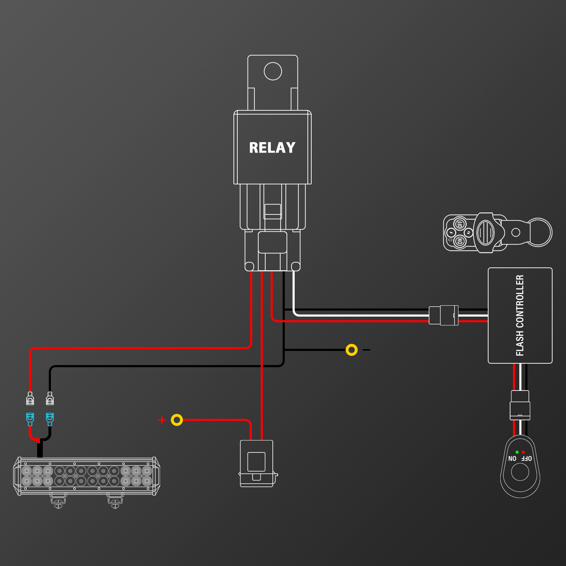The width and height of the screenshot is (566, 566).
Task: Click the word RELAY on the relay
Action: [272, 148]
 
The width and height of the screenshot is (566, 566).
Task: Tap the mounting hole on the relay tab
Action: [273, 71]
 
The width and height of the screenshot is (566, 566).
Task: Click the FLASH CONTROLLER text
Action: [520, 315]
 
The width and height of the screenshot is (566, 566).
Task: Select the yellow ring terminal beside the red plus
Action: [177, 420]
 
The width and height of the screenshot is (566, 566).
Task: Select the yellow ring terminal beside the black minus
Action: [352, 350]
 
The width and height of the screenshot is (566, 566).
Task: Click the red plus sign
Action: [162, 420]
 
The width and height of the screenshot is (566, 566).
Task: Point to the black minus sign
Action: [366, 350]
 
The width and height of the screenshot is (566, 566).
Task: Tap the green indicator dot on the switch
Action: [517, 452]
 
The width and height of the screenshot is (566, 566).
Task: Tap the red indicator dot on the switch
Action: [523, 452]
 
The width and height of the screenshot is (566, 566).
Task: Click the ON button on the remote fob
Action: [460, 242]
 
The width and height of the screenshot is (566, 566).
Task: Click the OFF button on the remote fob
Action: [460, 224]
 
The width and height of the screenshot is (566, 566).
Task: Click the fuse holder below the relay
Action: [257, 463]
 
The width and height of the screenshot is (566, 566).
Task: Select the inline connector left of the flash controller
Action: [444, 315]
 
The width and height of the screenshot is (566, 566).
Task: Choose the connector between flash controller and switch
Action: [520, 405]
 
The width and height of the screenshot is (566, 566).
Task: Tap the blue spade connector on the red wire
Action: [30, 420]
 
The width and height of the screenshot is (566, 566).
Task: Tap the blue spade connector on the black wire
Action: [50, 420]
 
